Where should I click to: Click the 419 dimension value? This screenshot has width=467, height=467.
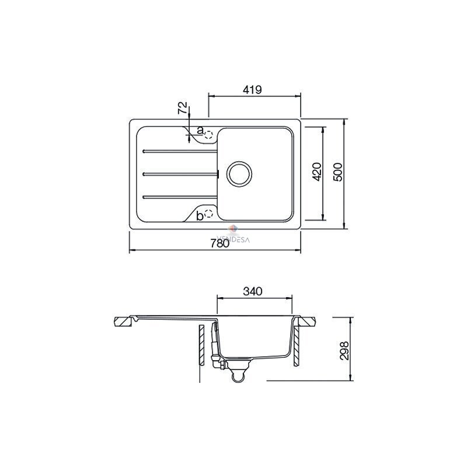(x=252, y=89)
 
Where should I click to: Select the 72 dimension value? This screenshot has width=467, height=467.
(x=183, y=108)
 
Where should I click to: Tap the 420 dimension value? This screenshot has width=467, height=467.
(x=318, y=172)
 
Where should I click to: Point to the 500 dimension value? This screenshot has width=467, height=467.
(x=338, y=172)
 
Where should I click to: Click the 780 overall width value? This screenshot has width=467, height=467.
(x=220, y=243)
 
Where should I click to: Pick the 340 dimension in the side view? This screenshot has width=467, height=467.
(x=253, y=291)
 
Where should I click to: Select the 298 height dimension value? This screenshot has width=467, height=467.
(x=344, y=351)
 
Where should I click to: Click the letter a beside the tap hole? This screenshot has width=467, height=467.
(x=200, y=130)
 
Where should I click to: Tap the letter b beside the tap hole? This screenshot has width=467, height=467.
(x=200, y=216)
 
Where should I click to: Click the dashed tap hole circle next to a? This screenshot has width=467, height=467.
(x=208, y=135)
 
